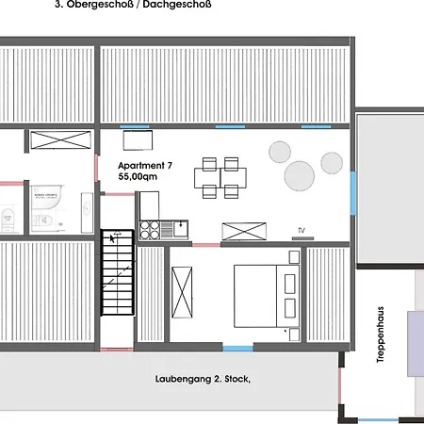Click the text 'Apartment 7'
coord(145,165)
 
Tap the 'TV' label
coord(302,230)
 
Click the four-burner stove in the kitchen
coord(150,228)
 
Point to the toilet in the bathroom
coord(8,220)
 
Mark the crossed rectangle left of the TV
coord(243,229)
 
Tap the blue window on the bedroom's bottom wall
coord(239,348)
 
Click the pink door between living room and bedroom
coord(205,245)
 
